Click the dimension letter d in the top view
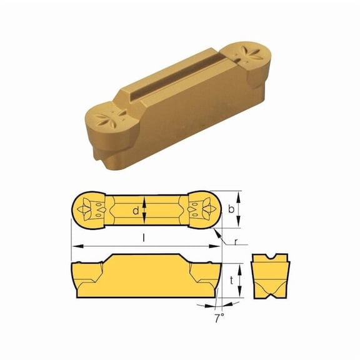point(136,211)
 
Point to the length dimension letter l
point(145,237)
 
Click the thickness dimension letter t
point(234,281)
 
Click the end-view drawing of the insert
point(269,277)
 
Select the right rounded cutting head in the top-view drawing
point(204,208)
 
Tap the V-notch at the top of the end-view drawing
point(269,257)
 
